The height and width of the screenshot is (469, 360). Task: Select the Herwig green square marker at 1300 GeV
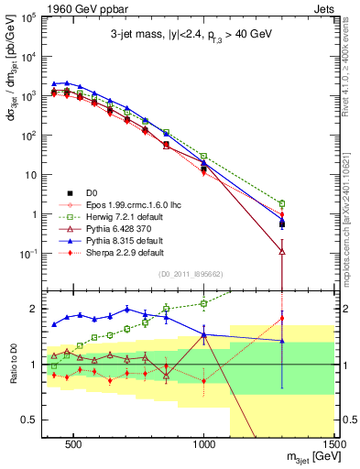point(282,203)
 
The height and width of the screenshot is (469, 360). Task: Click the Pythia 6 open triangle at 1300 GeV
point(282,250)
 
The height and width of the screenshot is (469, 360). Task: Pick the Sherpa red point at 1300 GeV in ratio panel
point(282,319)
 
